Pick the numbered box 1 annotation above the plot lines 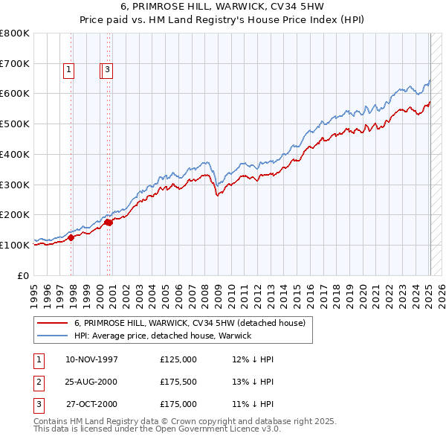pos(68,71)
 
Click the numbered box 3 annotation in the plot pos(107,71)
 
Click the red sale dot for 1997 pos(71,238)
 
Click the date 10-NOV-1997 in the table pos(92,359)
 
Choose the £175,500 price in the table pos(178,382)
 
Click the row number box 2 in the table pos(39,382)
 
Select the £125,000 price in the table pos(178,359)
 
